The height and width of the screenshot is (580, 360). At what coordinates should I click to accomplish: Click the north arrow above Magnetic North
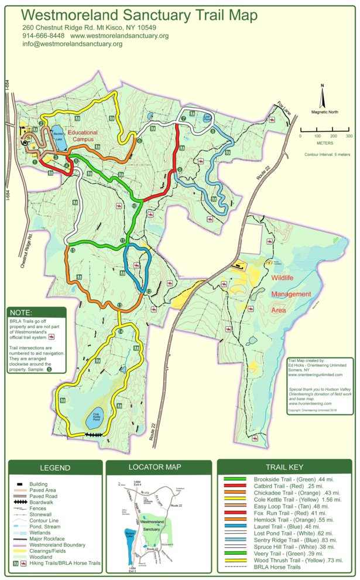pyautogui.click(x=322, y=94)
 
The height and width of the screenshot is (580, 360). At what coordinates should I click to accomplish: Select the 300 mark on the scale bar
pyautogui.click(x=349, y=135)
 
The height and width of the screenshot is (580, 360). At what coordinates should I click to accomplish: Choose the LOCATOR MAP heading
pyautogui.click(x=155, y=467)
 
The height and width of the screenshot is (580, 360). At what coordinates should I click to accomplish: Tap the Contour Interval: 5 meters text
pyautogui.click(x=327, y=155)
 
